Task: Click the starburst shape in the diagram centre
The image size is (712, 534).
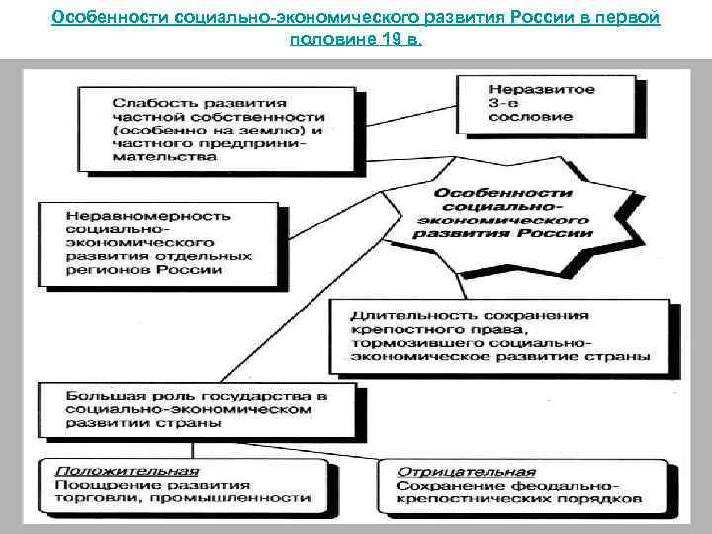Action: [x=504, y=214]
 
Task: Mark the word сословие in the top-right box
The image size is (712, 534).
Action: [x=529, y=117]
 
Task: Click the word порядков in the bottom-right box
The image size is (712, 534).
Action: [x=603, y=498]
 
